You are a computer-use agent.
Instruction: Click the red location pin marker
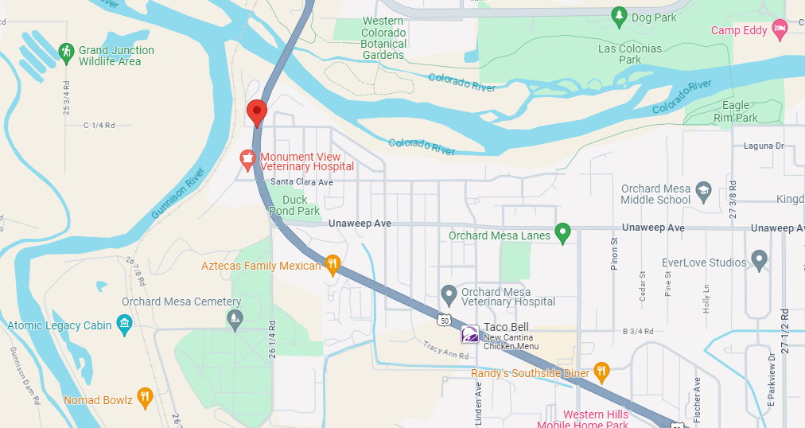pos(256,112)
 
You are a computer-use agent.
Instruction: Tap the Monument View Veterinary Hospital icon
pos(248,158)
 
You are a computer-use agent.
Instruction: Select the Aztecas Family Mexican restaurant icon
pos(333,264)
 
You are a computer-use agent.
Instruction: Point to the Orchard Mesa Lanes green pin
pos(563,233)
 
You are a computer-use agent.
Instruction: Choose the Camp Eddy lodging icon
pos(780,30)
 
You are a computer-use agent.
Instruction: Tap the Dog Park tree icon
pos(619,16)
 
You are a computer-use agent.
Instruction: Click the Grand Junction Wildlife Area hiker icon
pos(66,53)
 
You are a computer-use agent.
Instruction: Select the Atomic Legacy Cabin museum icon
pos(124,325)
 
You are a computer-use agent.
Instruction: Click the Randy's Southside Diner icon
pos(602,371)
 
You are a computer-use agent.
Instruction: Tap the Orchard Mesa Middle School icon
pos(703,191)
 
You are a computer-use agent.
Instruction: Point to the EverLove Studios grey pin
pos(760,260)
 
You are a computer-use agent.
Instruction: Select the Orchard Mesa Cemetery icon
pos(235,320)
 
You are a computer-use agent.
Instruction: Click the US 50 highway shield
pos(443,320)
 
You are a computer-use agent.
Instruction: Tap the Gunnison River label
pos(178,193)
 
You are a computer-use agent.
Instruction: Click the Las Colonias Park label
pos(630,54)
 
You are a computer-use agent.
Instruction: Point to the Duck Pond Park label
pos(294,205)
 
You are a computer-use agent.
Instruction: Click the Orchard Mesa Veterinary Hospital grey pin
pos(449,295)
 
